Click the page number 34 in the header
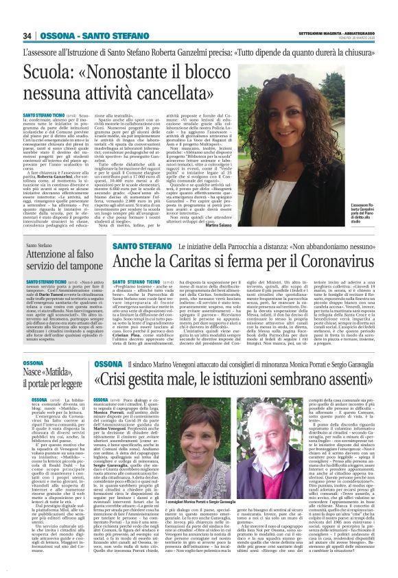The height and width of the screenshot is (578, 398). coord(28,36)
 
